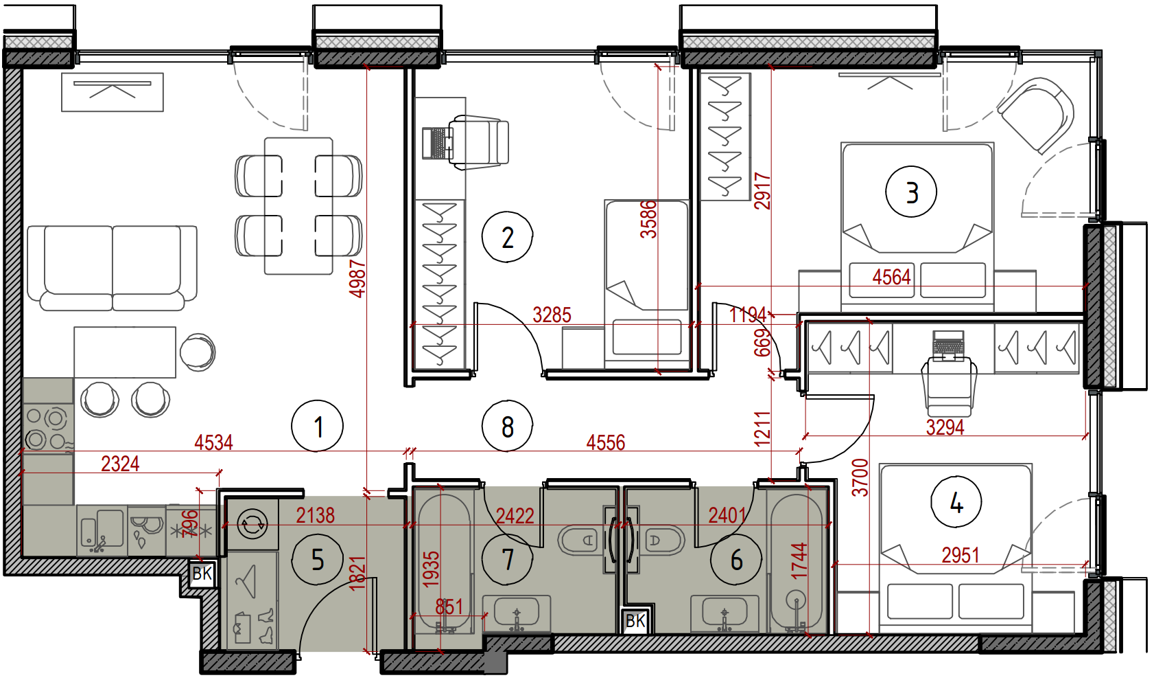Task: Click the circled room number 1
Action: tap(317, 426)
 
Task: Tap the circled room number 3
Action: tap(911, 192)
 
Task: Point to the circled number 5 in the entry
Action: tap(317, 560)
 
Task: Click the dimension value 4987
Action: tap(357, 279)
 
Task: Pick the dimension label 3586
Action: tap(648, 219)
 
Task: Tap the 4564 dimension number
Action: tap(891, 277)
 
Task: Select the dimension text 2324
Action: tap(120, 464)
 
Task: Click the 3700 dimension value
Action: tap(860, 478)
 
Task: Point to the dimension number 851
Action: tap(449, 607)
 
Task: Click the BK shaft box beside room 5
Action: tap(202, 573)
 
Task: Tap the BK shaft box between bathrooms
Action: tap(635, 621)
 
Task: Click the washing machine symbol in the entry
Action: tap(252, 523)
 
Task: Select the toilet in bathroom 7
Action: tap(578, 540)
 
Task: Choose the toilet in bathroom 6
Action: tap(665, 540)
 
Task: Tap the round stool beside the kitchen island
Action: tap(198, 352)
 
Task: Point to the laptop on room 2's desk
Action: tap(437, 143)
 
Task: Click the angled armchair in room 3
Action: tap(1035, 115)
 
